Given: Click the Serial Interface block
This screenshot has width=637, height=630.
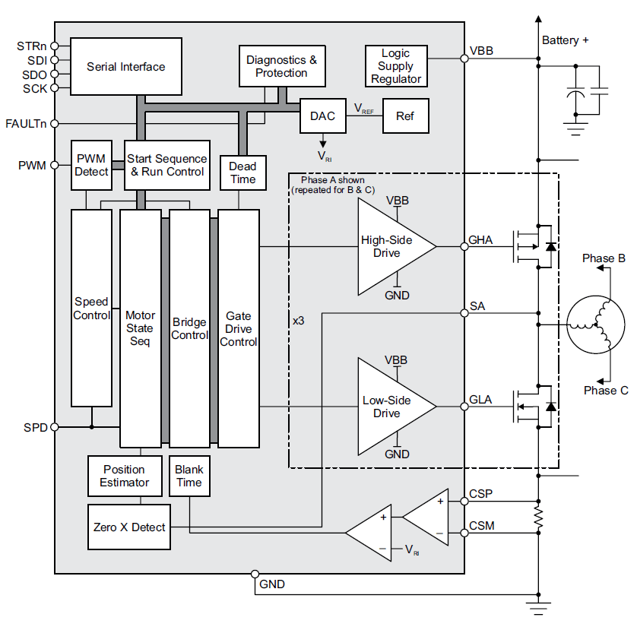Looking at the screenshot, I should [x=126, y=67].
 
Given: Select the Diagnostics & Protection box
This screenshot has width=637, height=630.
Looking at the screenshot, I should [x=281, y=66].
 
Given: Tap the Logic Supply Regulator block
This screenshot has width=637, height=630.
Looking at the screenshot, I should [x=396, y=66].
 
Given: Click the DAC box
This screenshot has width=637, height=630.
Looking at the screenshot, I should [x=322, y=116].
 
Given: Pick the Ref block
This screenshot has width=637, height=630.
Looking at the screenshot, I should [x=404, y=116].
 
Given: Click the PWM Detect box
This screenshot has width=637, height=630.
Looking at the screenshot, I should [x=91, y=165].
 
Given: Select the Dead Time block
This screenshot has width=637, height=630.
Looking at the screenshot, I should [x=242, y=173].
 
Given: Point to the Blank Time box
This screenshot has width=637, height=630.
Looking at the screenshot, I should [x=189, y=476].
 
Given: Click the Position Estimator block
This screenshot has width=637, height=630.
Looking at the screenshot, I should [x=125, y=476].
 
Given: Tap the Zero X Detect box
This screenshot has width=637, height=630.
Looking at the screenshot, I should [x=129, y=527].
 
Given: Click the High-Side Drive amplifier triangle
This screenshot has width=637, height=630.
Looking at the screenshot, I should [x=391, y=246].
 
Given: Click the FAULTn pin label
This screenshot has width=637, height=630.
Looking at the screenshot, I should [x=25, y=123].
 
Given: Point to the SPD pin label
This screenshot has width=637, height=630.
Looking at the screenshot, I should [x=35, y=428].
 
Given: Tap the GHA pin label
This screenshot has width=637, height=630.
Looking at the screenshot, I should [x=481, y=240].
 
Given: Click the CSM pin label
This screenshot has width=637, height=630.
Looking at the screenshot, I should [x=481, y=525].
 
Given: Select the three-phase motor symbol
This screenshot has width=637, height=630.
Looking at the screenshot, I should [x=596, y=324].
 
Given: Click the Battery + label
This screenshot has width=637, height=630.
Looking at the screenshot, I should [x=565, y=40].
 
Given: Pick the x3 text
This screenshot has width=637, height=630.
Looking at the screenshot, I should [x=299, y=321].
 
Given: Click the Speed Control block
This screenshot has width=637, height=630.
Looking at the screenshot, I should [x=91, y=308].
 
